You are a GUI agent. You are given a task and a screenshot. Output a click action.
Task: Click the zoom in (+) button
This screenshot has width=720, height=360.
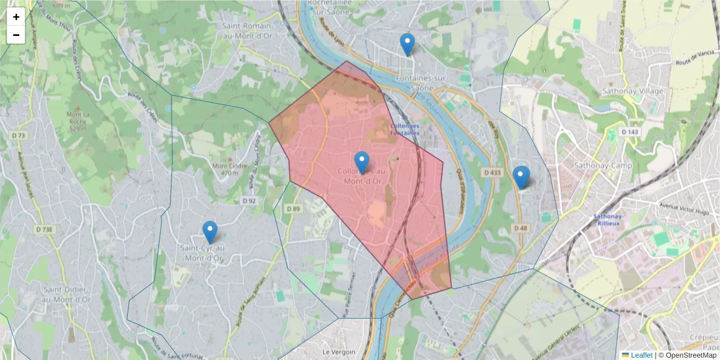(x=16, y=17)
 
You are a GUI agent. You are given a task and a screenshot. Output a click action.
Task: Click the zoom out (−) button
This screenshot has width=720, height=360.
(x=16, y=35)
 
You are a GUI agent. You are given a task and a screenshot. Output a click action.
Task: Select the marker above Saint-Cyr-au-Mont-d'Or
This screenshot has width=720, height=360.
(x=209, y=232)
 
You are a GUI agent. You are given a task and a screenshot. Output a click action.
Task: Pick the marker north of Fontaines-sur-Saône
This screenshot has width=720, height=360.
(x=407, y=44)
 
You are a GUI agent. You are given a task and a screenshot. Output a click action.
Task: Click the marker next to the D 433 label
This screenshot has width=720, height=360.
(x=521, y=176)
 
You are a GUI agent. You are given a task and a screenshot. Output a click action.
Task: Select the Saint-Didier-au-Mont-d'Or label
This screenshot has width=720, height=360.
(x=67, y=295)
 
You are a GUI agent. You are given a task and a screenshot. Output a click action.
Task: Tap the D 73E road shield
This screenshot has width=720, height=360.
(x=45, y=229)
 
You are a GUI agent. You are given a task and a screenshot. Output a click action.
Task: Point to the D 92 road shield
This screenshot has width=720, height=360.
(x=249, y=200)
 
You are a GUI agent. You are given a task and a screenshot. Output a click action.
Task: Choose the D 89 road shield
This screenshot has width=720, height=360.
(x=293, y=208)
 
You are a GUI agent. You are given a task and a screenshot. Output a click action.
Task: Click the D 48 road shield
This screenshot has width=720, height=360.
(x=520, y=228)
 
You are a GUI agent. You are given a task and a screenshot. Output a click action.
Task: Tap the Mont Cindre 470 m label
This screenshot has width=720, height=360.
(x=225, y=170)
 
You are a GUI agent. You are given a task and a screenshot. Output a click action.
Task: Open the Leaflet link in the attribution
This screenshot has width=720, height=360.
(x=641, y=355)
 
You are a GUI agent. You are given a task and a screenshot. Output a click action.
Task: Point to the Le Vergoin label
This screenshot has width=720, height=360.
(x=339, y=352)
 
